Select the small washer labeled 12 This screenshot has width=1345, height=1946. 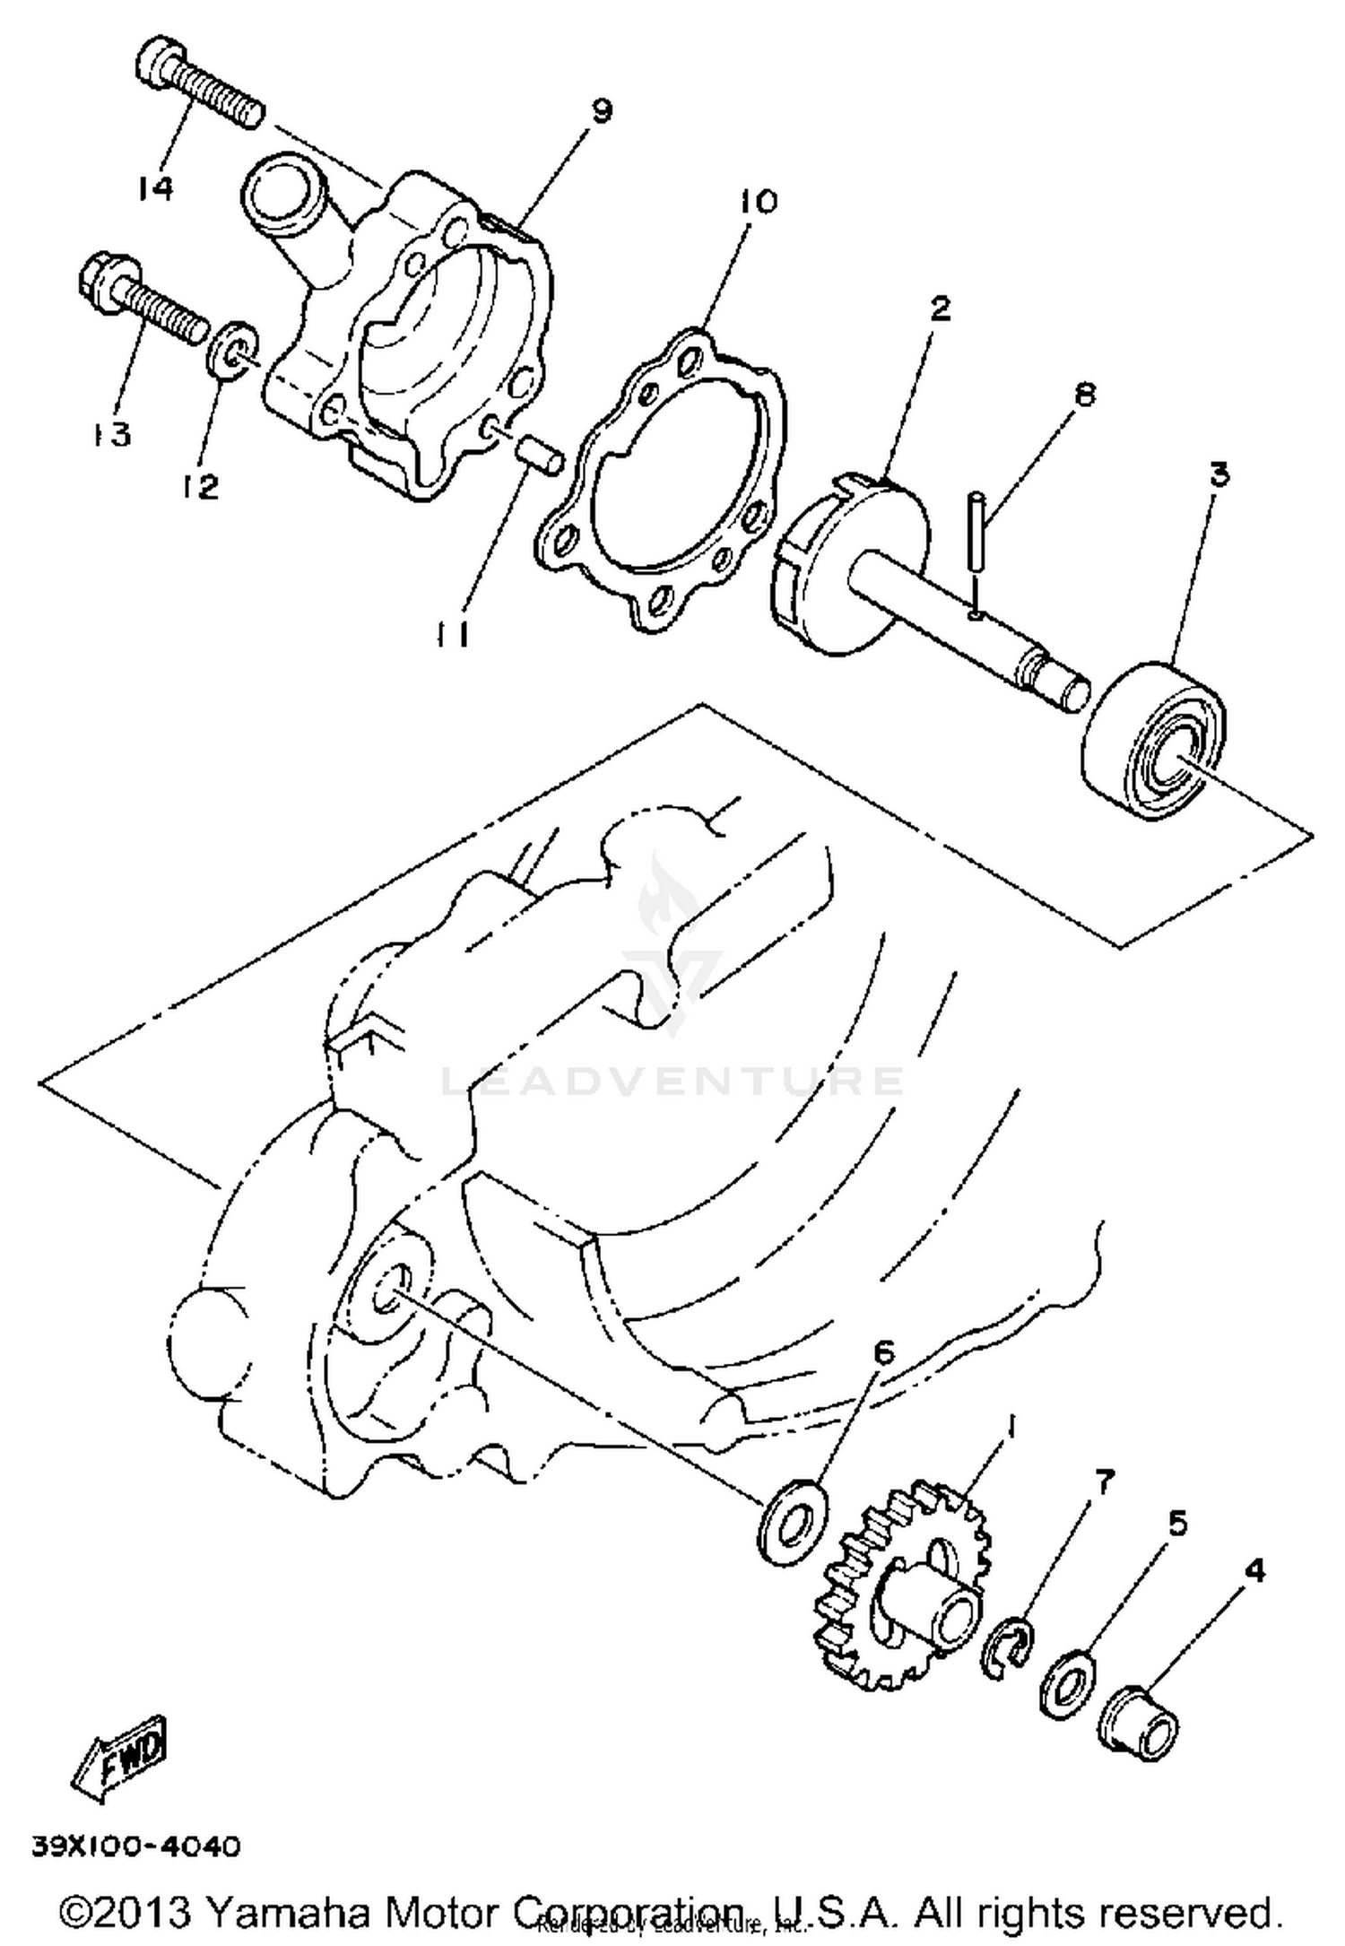[239, 353]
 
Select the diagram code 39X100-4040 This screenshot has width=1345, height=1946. [136, 1846]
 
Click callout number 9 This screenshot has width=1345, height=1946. [600, 111]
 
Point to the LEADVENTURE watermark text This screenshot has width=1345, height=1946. [672, 1081]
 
